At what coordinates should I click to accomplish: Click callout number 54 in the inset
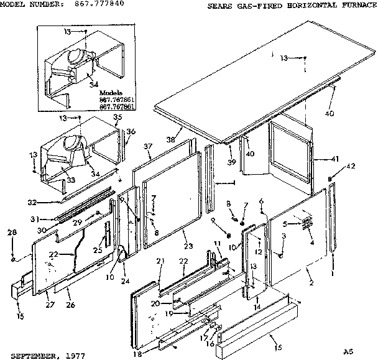point(95,84)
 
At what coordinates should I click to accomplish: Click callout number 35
point(118,117)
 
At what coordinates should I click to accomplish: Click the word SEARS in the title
point(219,5)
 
